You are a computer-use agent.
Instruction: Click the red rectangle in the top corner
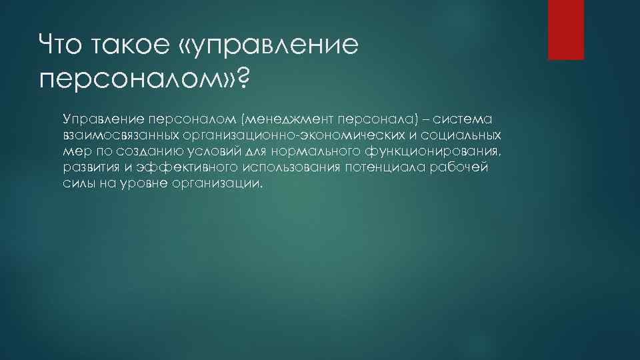point(565,29)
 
